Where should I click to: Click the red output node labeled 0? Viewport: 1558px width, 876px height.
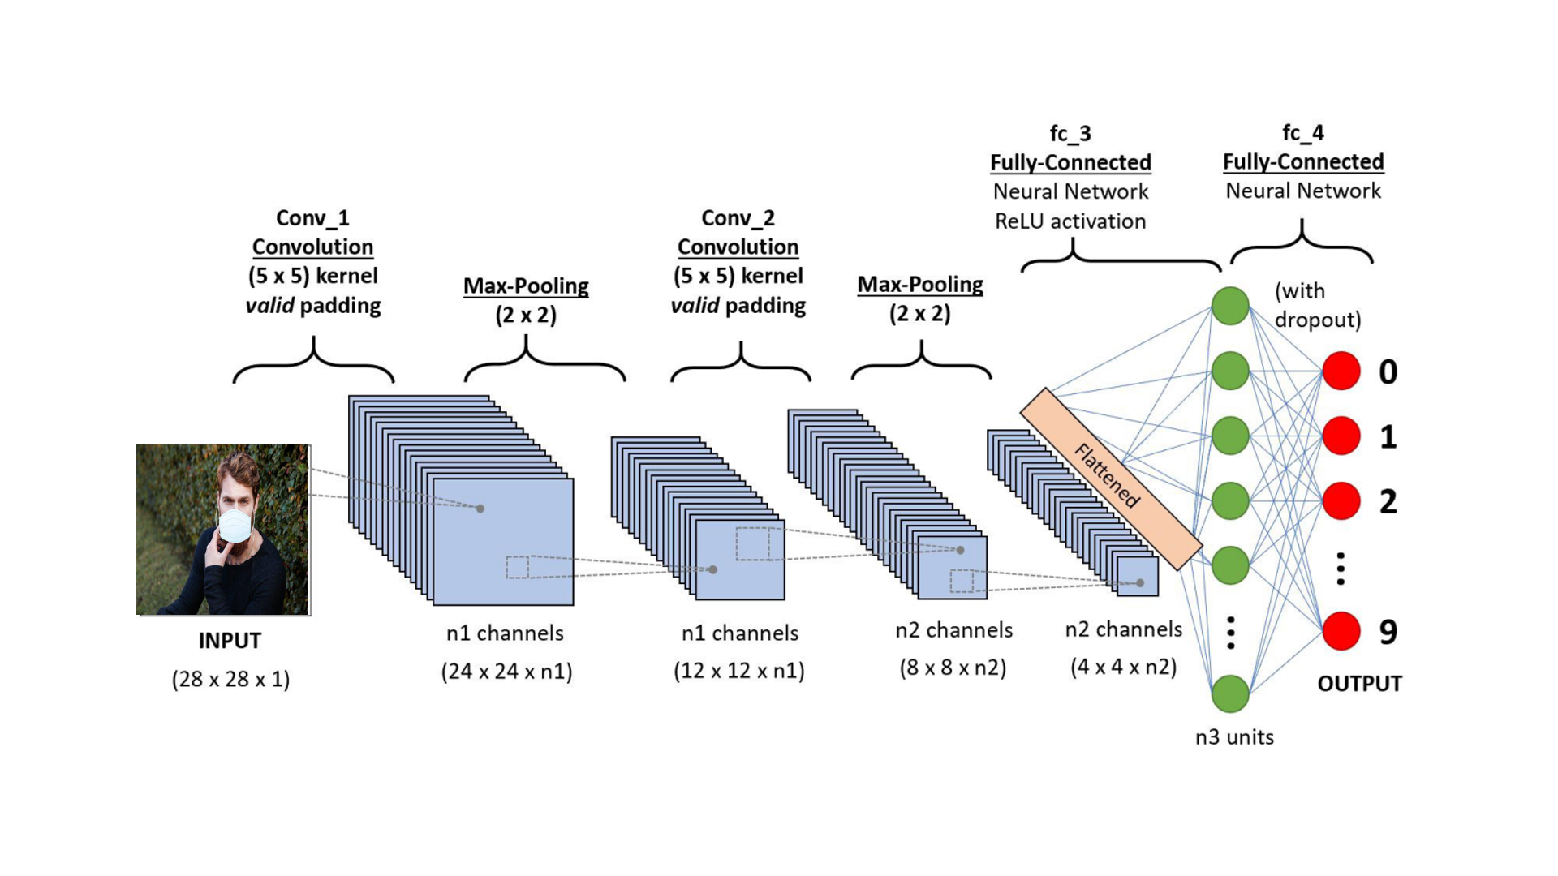click(x=1341, y=371)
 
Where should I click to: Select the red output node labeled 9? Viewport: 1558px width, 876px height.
click(x=1341, y=631)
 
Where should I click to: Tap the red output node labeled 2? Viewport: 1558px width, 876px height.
click(x=1341, y=500)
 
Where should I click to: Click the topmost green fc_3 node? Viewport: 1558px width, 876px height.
click(x=1230, y=306)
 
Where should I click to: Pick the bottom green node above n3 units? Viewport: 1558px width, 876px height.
click(x=1230, y=693)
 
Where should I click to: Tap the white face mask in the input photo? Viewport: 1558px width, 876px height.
click(x=235, y=525)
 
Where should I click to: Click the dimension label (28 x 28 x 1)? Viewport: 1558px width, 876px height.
click(x=230, y=679)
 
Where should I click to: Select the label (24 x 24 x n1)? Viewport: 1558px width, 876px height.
click(x=506, y=672)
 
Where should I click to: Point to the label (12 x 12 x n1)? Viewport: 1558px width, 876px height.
click(x=738, y=671)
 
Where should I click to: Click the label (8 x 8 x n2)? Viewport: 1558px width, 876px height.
click(x=953, y=668)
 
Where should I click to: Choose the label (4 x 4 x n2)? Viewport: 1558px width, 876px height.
click(x=1123, y=667)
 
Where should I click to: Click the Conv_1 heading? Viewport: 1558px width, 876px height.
click(x=312, y=218)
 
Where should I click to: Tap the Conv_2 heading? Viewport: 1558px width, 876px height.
click(x=738, y=218)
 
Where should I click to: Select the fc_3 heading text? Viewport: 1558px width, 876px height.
click(x=1070, y=133)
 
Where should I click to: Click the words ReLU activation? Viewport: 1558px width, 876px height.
click(x=1070, y=221)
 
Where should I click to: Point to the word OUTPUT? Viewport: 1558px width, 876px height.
click(x=1359, y=684)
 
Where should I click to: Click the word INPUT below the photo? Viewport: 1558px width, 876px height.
click(x=230, y=641)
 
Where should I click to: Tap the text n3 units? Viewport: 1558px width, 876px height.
click(x=1234, y=737)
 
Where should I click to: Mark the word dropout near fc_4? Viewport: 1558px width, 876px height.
click(x=1317, y=320)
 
